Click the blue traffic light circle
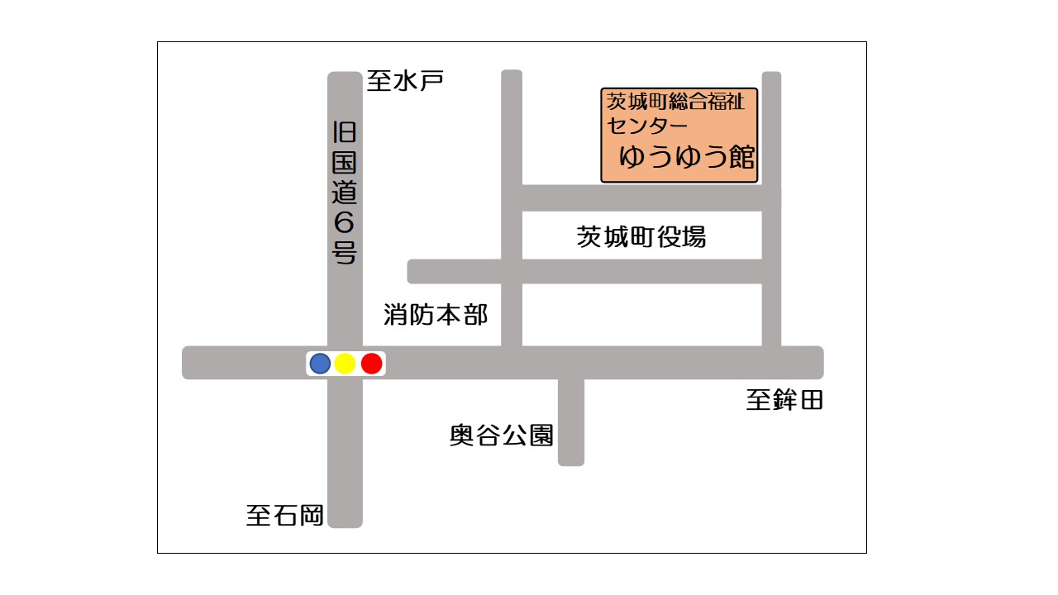coord(320,363)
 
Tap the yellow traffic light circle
coord(346,363)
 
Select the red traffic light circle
coord(372,363)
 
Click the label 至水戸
coord(406,81)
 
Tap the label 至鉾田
coord(784,402)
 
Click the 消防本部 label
coord(436,314)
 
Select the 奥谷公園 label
coord(502,435)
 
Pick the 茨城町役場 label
coord(641,237)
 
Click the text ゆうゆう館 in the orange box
coord(688,157)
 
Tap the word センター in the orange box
coord(648,126)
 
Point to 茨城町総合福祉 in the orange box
coord(676,102)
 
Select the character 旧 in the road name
coord(345,131)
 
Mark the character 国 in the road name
coord(345,161)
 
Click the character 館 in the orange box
coord(737,157)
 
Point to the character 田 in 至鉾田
coord(811,402)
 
